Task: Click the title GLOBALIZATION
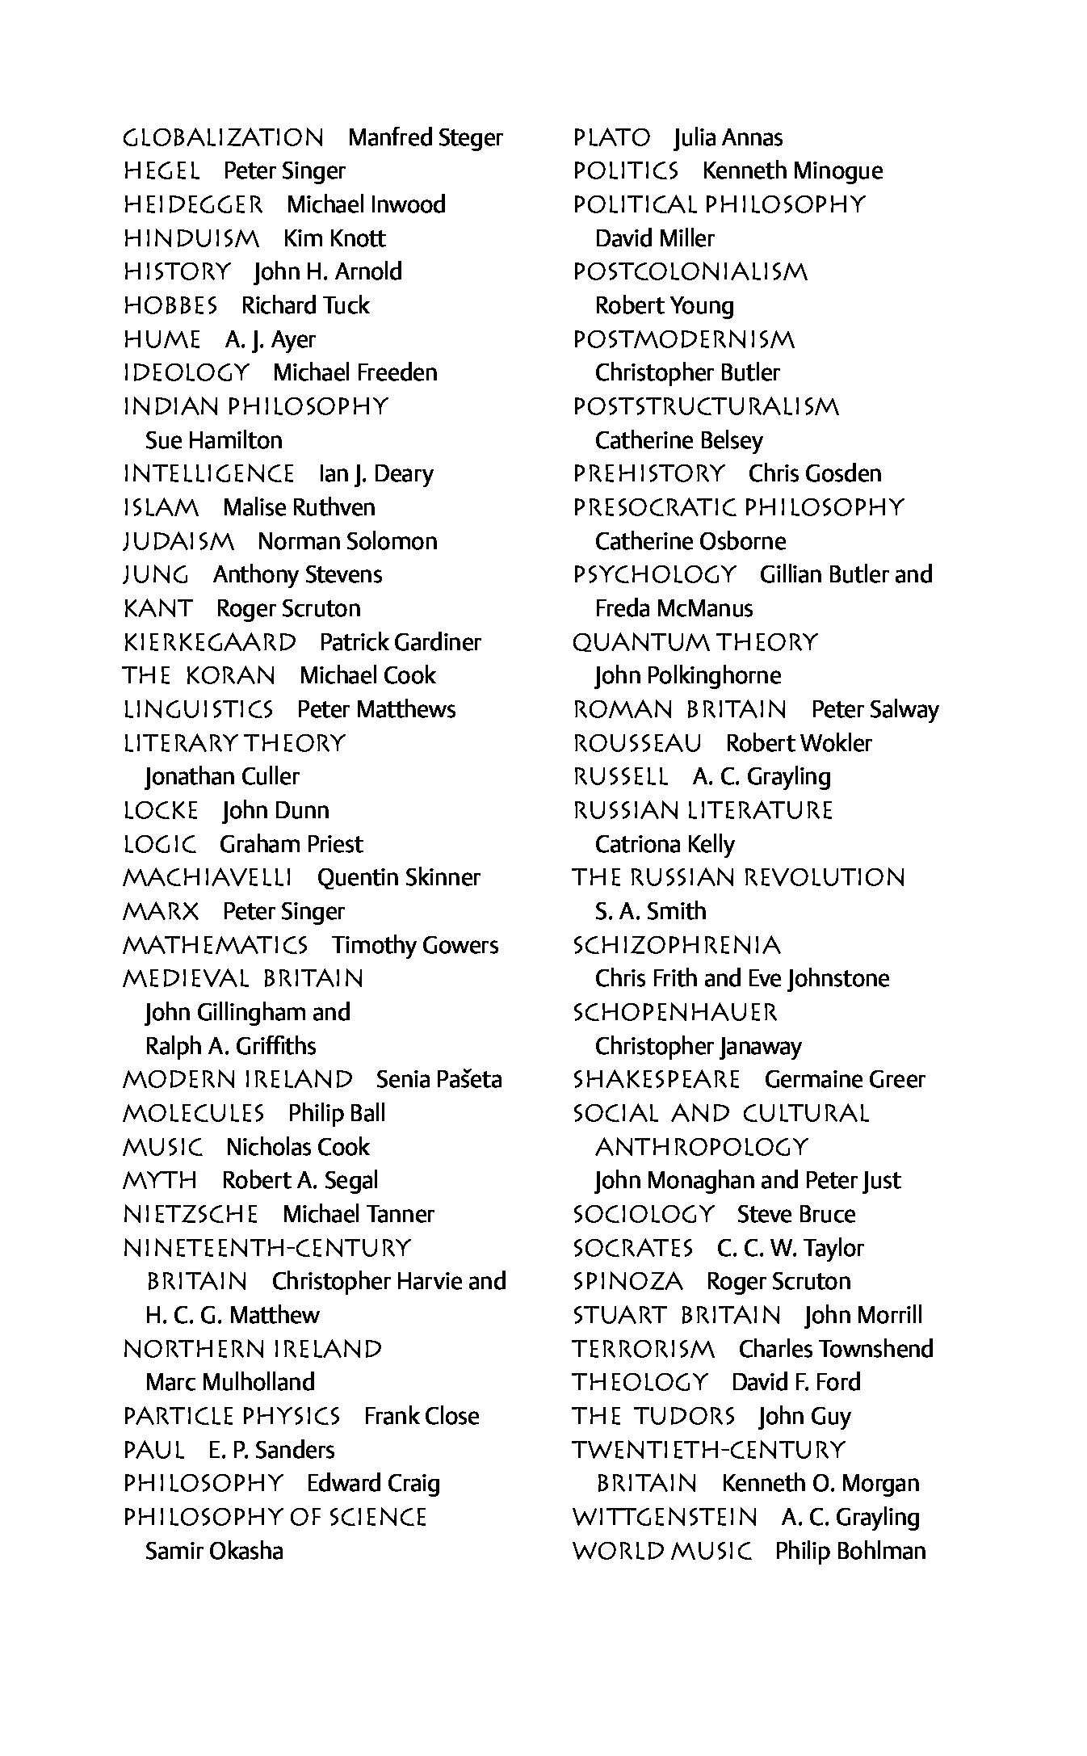click(x=223, y=138)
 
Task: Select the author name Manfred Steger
click(x=425, y=138)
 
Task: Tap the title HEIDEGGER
click(x=193, y=205)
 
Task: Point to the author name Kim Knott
click(x=334, y=239)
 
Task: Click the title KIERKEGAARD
click(x=210, y=643)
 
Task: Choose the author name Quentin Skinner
click(x=398, y=878)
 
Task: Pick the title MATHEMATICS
click(x=215, y=945)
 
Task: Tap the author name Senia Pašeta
click(x=439, y=1080)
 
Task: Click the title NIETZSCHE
click(x=191, y=1215)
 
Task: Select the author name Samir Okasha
click(x=214, y=1552)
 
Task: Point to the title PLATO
click(x=611, y=138)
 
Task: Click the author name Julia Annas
click(x=728, y=138)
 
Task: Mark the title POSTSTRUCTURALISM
click(x=706, y=407)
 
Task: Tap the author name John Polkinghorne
click(x=688, y=676)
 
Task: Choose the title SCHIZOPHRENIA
click(x=677, y=946)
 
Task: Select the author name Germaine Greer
click(x=845, y=1080)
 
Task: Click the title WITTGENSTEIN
click(x=665, y=1518)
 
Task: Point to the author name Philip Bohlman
click(x=850, y=1552)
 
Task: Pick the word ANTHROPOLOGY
click(x=701, y=1148)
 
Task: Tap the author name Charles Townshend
click(x=836, y=1350)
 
